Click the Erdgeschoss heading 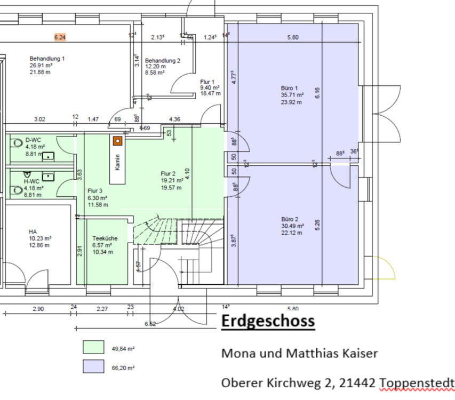pyautogui.click(x=267, y=322)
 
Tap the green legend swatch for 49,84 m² pyautogui.click(x=93, y=347)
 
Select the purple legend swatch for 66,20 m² pyautogui.click(x=93, y=366)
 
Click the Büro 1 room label pyautogui.click(x=289, y=87)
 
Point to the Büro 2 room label pyautogui.click(x=289, y=219)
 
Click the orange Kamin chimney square pyautogui.click(x=117, y=141)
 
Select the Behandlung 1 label pyautogui.click(x=47, y=58)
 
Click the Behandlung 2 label pyautogui.click(x=163, y=61)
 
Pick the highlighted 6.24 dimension pyautogui.click(x=60, y=37)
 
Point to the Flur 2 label pyautogui.click(x=169, y=174)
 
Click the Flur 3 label pyautogui.click(x=95, y=190)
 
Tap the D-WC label pyautogui.click(x=33, y=140)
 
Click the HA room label pyautogui.click(x=33, y=232)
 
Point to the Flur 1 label pyautogui.click(x=207, y=81)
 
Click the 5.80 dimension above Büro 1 pyautogui.click(x=293, y=37)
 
